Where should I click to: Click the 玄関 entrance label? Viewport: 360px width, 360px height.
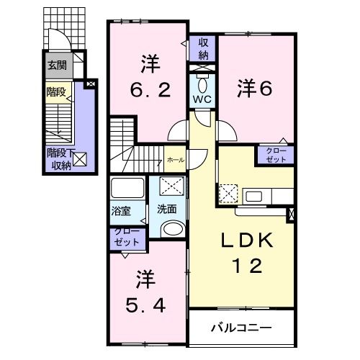(x=57, y=64)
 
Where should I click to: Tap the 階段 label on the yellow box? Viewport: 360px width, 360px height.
(x=56, y=91)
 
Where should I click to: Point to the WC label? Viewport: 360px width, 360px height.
(x=202, y=99)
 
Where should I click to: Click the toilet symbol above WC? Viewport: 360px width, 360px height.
(x=202, y=77)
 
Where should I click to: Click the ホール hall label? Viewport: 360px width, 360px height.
(x=175, y=160)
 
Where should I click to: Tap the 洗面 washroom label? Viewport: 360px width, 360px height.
(x=167, y=209)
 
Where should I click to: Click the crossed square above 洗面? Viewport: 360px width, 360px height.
(x=171, y=188)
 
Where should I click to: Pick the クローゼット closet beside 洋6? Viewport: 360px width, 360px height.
(x=276, y=155)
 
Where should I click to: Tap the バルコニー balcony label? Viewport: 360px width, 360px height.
(x=241, y=328)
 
